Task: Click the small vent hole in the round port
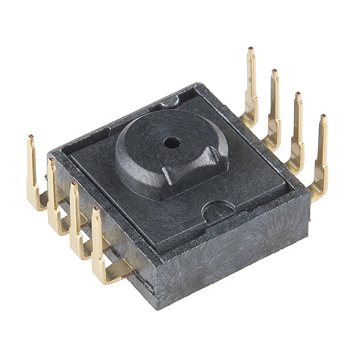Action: click(x=173, y=143)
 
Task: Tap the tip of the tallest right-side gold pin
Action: click(x=251, y=51)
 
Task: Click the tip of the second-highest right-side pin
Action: click(x=275, y=73)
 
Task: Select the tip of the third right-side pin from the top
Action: click(x=298, y=95)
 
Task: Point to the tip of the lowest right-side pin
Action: click(x=323, y=118)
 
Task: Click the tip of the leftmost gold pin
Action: click(x=30, y=138)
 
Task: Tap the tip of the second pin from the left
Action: click(x=52, y=161)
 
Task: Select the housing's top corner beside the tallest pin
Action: click(x=197, y=86)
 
